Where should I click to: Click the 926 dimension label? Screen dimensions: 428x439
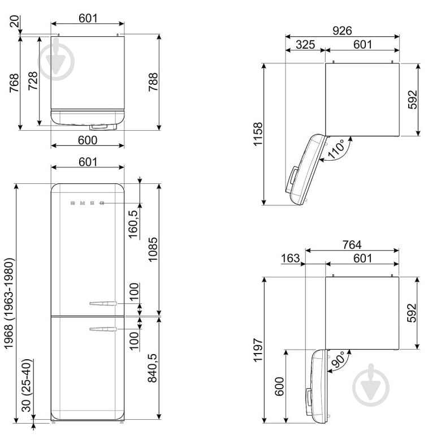point(342,31)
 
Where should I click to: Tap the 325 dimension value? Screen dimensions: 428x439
point(305,45)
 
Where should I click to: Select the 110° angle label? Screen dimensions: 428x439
point(336,150)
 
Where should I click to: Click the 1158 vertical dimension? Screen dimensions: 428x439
point(258,134)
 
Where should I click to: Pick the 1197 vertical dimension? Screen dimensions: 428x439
point(258,350)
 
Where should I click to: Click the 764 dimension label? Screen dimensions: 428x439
point(352,245)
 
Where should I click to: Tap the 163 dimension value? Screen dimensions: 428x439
point(291,258)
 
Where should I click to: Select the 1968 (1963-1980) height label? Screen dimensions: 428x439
point(8,303)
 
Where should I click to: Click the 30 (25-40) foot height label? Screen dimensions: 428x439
point(27,385)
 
